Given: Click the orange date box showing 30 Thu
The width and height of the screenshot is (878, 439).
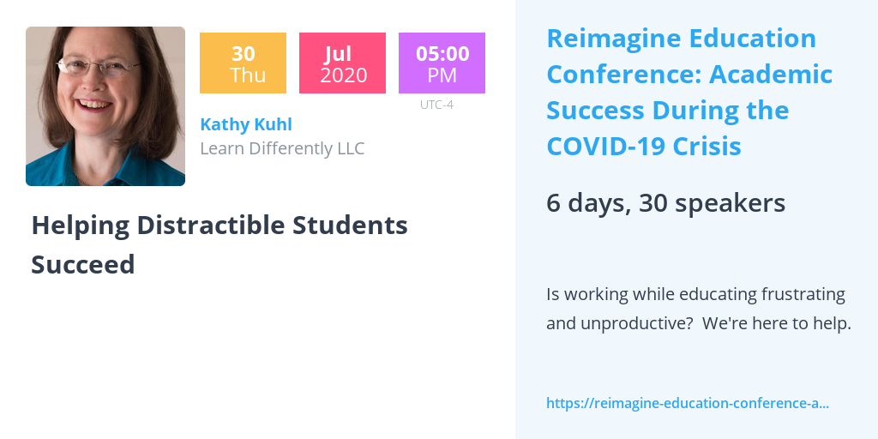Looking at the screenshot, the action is click(243, 63).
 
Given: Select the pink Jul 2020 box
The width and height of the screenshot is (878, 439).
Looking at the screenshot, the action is click(342, 63).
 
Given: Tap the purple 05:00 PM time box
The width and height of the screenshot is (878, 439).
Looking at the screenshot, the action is click(442, 63).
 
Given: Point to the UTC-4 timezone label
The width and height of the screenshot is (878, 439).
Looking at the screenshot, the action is click(436, 105).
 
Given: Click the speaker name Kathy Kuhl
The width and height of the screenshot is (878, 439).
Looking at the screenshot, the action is click(246, 124).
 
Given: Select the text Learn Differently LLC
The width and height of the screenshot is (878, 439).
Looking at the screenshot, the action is click(282, 148).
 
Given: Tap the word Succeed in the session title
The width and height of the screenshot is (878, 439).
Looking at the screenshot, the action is click(83, 264).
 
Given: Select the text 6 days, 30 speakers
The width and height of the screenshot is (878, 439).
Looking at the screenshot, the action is click(665, 202).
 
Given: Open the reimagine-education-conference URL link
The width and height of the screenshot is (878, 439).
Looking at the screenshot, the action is click(688, 403).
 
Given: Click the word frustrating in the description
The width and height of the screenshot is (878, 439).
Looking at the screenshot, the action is click(803, 295).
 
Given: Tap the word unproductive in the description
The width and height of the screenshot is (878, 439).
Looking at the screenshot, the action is click(621, 323).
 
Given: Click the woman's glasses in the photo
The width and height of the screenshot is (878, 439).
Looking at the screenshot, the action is click(98, 67).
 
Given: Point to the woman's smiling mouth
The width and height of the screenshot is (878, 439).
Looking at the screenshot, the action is click(93, 104).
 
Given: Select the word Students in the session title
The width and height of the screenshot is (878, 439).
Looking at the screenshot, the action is click(350, 226).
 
